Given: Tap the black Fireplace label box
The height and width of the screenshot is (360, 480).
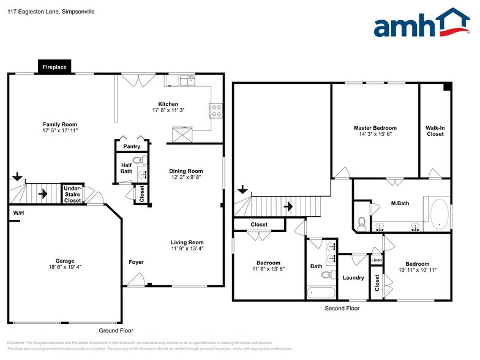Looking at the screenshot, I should [x=54, y=67].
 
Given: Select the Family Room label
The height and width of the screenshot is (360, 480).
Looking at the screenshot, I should [x=59, y=124].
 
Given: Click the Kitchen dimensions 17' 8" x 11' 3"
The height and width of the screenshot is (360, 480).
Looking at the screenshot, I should [x=168, y=110].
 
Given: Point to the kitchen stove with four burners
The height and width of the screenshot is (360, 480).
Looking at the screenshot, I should [x=216, y=110].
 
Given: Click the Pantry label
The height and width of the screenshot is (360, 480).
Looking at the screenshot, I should [x=132, y=146].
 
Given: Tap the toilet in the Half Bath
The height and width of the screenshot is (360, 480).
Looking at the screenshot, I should [x=141, y=161].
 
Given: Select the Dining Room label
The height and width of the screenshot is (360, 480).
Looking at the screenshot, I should [x=186, y=171].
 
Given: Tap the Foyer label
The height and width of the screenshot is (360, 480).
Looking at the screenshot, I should [x=136, y=262].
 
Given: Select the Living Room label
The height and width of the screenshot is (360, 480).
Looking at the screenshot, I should [x=187, y=242].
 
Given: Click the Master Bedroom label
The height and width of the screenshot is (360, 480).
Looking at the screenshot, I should [x=375, y=128].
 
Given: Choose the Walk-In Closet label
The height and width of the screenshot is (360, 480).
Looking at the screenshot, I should [x=435, y=130].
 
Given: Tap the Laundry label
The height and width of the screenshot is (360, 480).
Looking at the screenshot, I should [x=353, y=277].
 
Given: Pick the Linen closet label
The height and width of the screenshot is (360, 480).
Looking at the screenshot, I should [x=377, y=260].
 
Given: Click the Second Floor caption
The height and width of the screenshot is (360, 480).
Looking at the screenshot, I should [x=342, y=309].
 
